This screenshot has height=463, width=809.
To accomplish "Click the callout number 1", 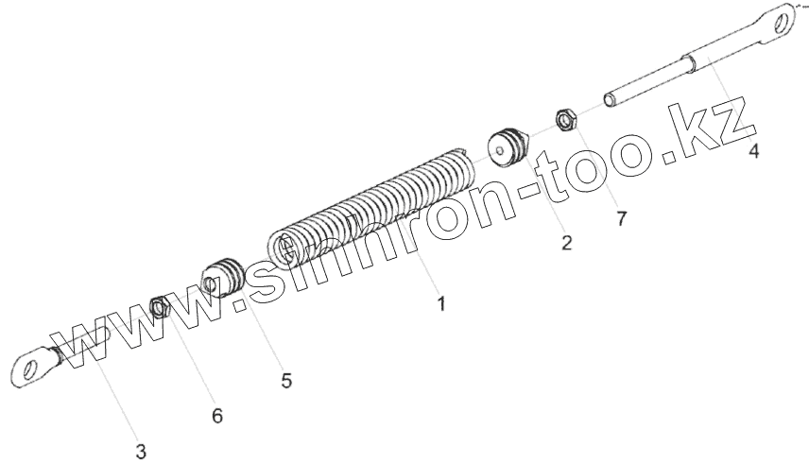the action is point(439,304).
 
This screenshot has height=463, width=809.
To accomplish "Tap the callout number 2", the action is point(566,242).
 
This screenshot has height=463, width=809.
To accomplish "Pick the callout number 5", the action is point(286,381).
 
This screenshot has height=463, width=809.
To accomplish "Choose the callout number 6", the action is point(217,416).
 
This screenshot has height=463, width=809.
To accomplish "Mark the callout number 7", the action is point(621,219).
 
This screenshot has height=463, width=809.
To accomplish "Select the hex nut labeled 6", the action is point(161,307).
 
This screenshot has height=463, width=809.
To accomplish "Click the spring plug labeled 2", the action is point(508,146).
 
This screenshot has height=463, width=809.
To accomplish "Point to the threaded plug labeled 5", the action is point(225,276).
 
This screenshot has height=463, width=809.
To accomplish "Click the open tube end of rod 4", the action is point(609,99).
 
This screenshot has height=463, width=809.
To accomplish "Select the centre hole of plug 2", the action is point(500,147).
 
